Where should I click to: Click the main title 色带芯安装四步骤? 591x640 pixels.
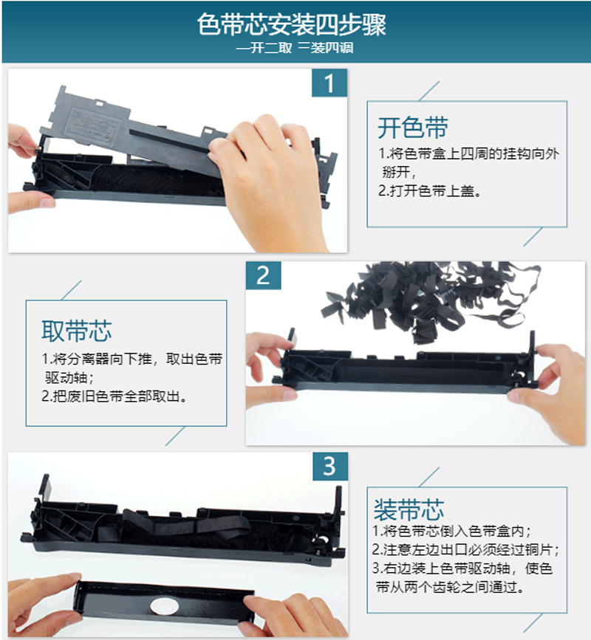coord(292,24)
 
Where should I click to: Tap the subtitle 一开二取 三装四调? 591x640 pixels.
coord(295,48)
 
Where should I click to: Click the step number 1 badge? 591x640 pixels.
coord(329,83)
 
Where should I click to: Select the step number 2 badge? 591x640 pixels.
coord(263,275)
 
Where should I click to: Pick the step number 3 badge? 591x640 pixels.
coord(330,466)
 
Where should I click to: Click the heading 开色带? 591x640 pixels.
coord(412,128)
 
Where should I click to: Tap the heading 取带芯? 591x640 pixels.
coord(76,331)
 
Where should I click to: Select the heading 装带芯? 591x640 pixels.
coord(409,510)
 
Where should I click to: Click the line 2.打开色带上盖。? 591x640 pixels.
coord(430,191)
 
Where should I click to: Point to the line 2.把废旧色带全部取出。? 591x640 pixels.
coord(115,396)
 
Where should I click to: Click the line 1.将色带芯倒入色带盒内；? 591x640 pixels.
coord(451,531)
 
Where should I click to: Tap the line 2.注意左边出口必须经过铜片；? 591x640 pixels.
coord(465,550)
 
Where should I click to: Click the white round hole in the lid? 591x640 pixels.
coord(164,607)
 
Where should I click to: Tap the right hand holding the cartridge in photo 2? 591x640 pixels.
coord(551,388)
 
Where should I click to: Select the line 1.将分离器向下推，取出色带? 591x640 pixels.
coord(132,359)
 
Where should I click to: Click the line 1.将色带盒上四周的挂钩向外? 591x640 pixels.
coord(469,154)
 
